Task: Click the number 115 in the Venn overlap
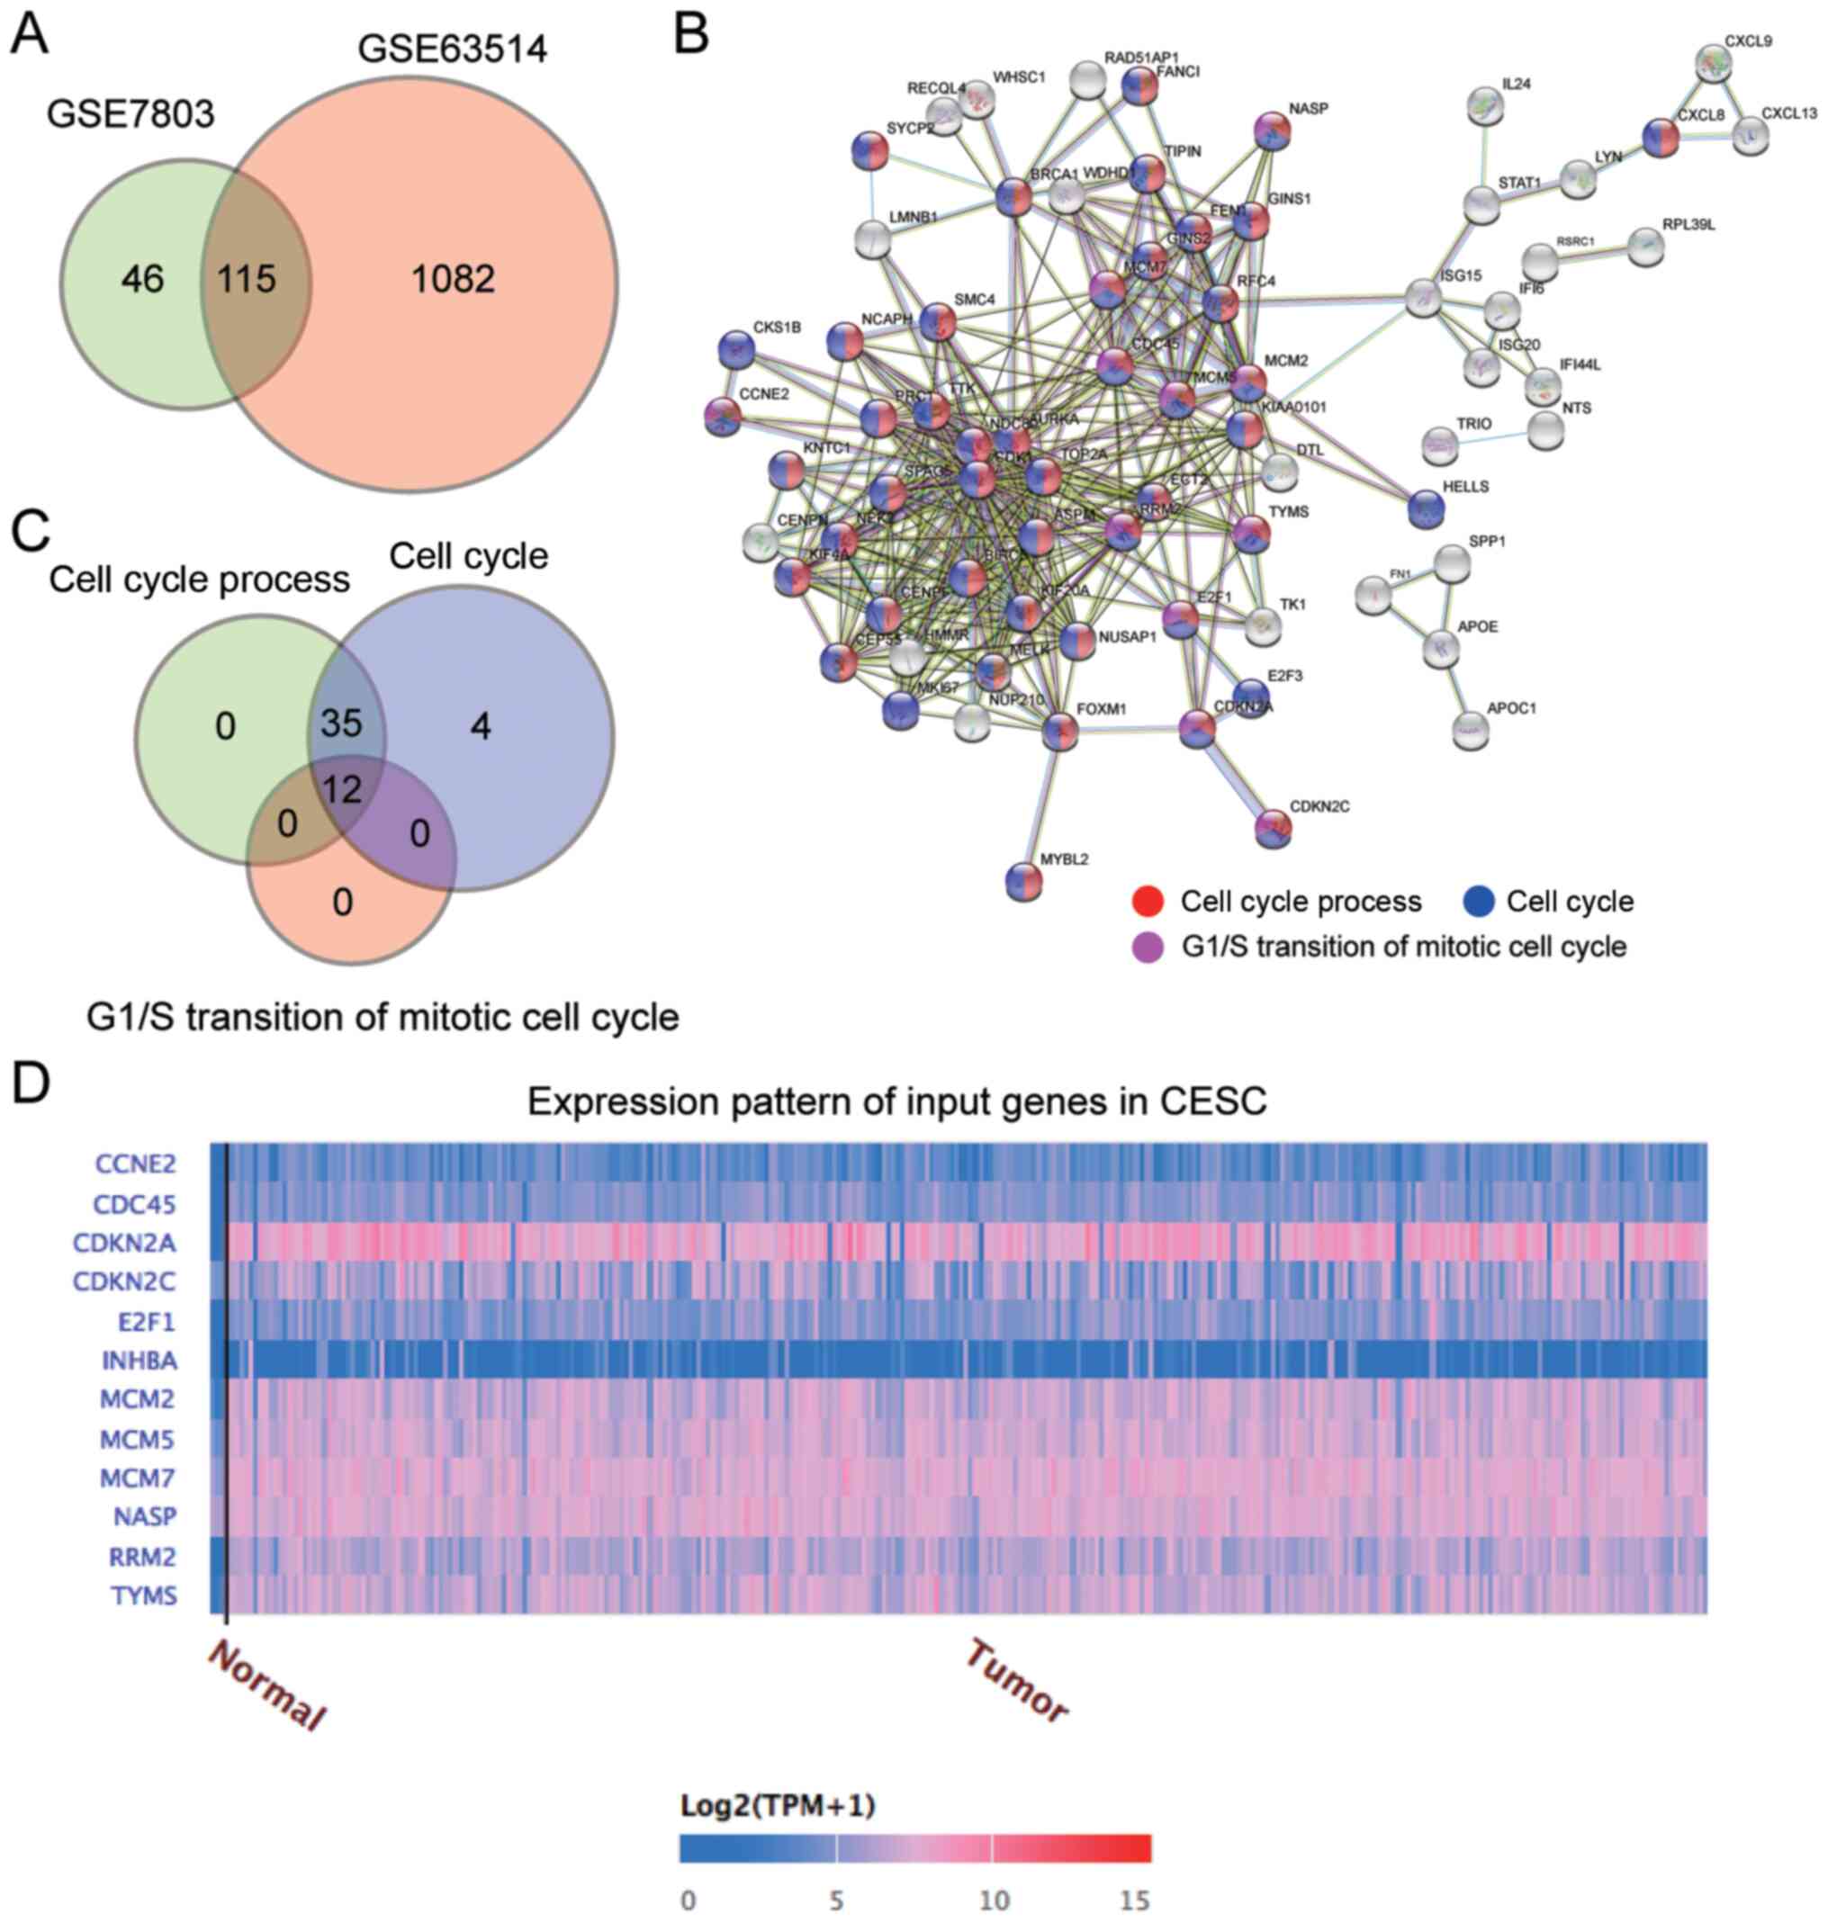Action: [x=247, y=280]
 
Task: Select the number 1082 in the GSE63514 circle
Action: [x=453, y=280]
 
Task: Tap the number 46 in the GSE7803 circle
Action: [x=142, y=281]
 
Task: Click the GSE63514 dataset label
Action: [x=452, y=49]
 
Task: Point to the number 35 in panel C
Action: [x=341, y=723]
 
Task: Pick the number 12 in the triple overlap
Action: [x=342, y=788]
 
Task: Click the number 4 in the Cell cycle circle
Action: [x=481, y=726]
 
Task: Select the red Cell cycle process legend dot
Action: [x=1148, y=901]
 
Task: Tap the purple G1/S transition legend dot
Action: [x=1148, y=947]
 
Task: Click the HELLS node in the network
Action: [x=1427, y=508]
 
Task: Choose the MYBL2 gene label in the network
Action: [x=1064, y=859]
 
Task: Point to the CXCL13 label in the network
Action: [x=1789, y=114]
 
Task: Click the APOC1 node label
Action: [x=1511, y=708]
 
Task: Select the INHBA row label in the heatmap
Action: [x=140, y=1360]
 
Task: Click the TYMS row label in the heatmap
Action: [x=143, y=1595]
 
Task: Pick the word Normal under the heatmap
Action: [x=266, y=1685]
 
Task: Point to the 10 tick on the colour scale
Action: [x=993, y=1900]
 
